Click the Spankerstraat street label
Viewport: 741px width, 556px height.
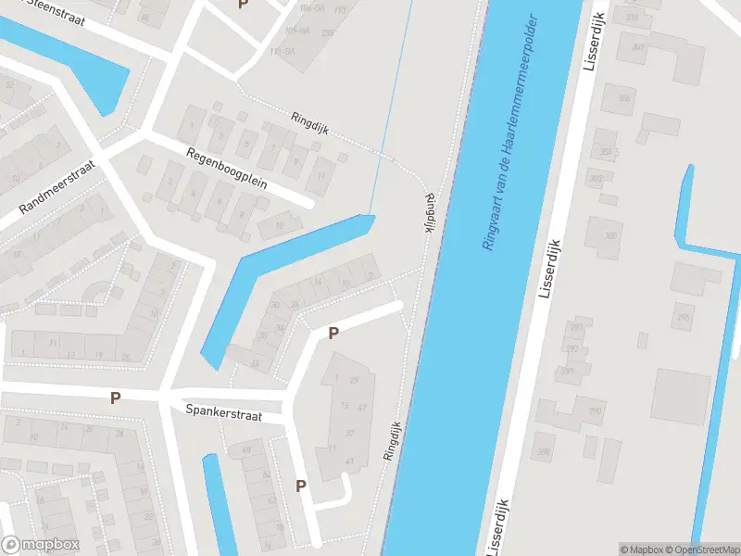[223, 412]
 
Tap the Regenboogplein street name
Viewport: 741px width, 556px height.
[226, 169]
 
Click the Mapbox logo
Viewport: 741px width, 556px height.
[40, 545]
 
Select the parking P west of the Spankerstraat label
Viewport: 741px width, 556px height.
[116, 398]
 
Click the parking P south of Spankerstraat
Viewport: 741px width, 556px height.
[301, 486]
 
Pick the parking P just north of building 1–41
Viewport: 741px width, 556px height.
[334, 333]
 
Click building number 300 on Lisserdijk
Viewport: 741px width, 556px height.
[610, 235]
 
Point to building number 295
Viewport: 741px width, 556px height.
[683, 319]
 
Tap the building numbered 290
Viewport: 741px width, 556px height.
[596, 411]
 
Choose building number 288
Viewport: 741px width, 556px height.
[544, 452]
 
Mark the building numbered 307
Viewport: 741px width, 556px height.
[637, 47]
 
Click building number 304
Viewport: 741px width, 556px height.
[606, 151]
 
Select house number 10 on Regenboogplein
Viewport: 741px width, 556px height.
[277, 225]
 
